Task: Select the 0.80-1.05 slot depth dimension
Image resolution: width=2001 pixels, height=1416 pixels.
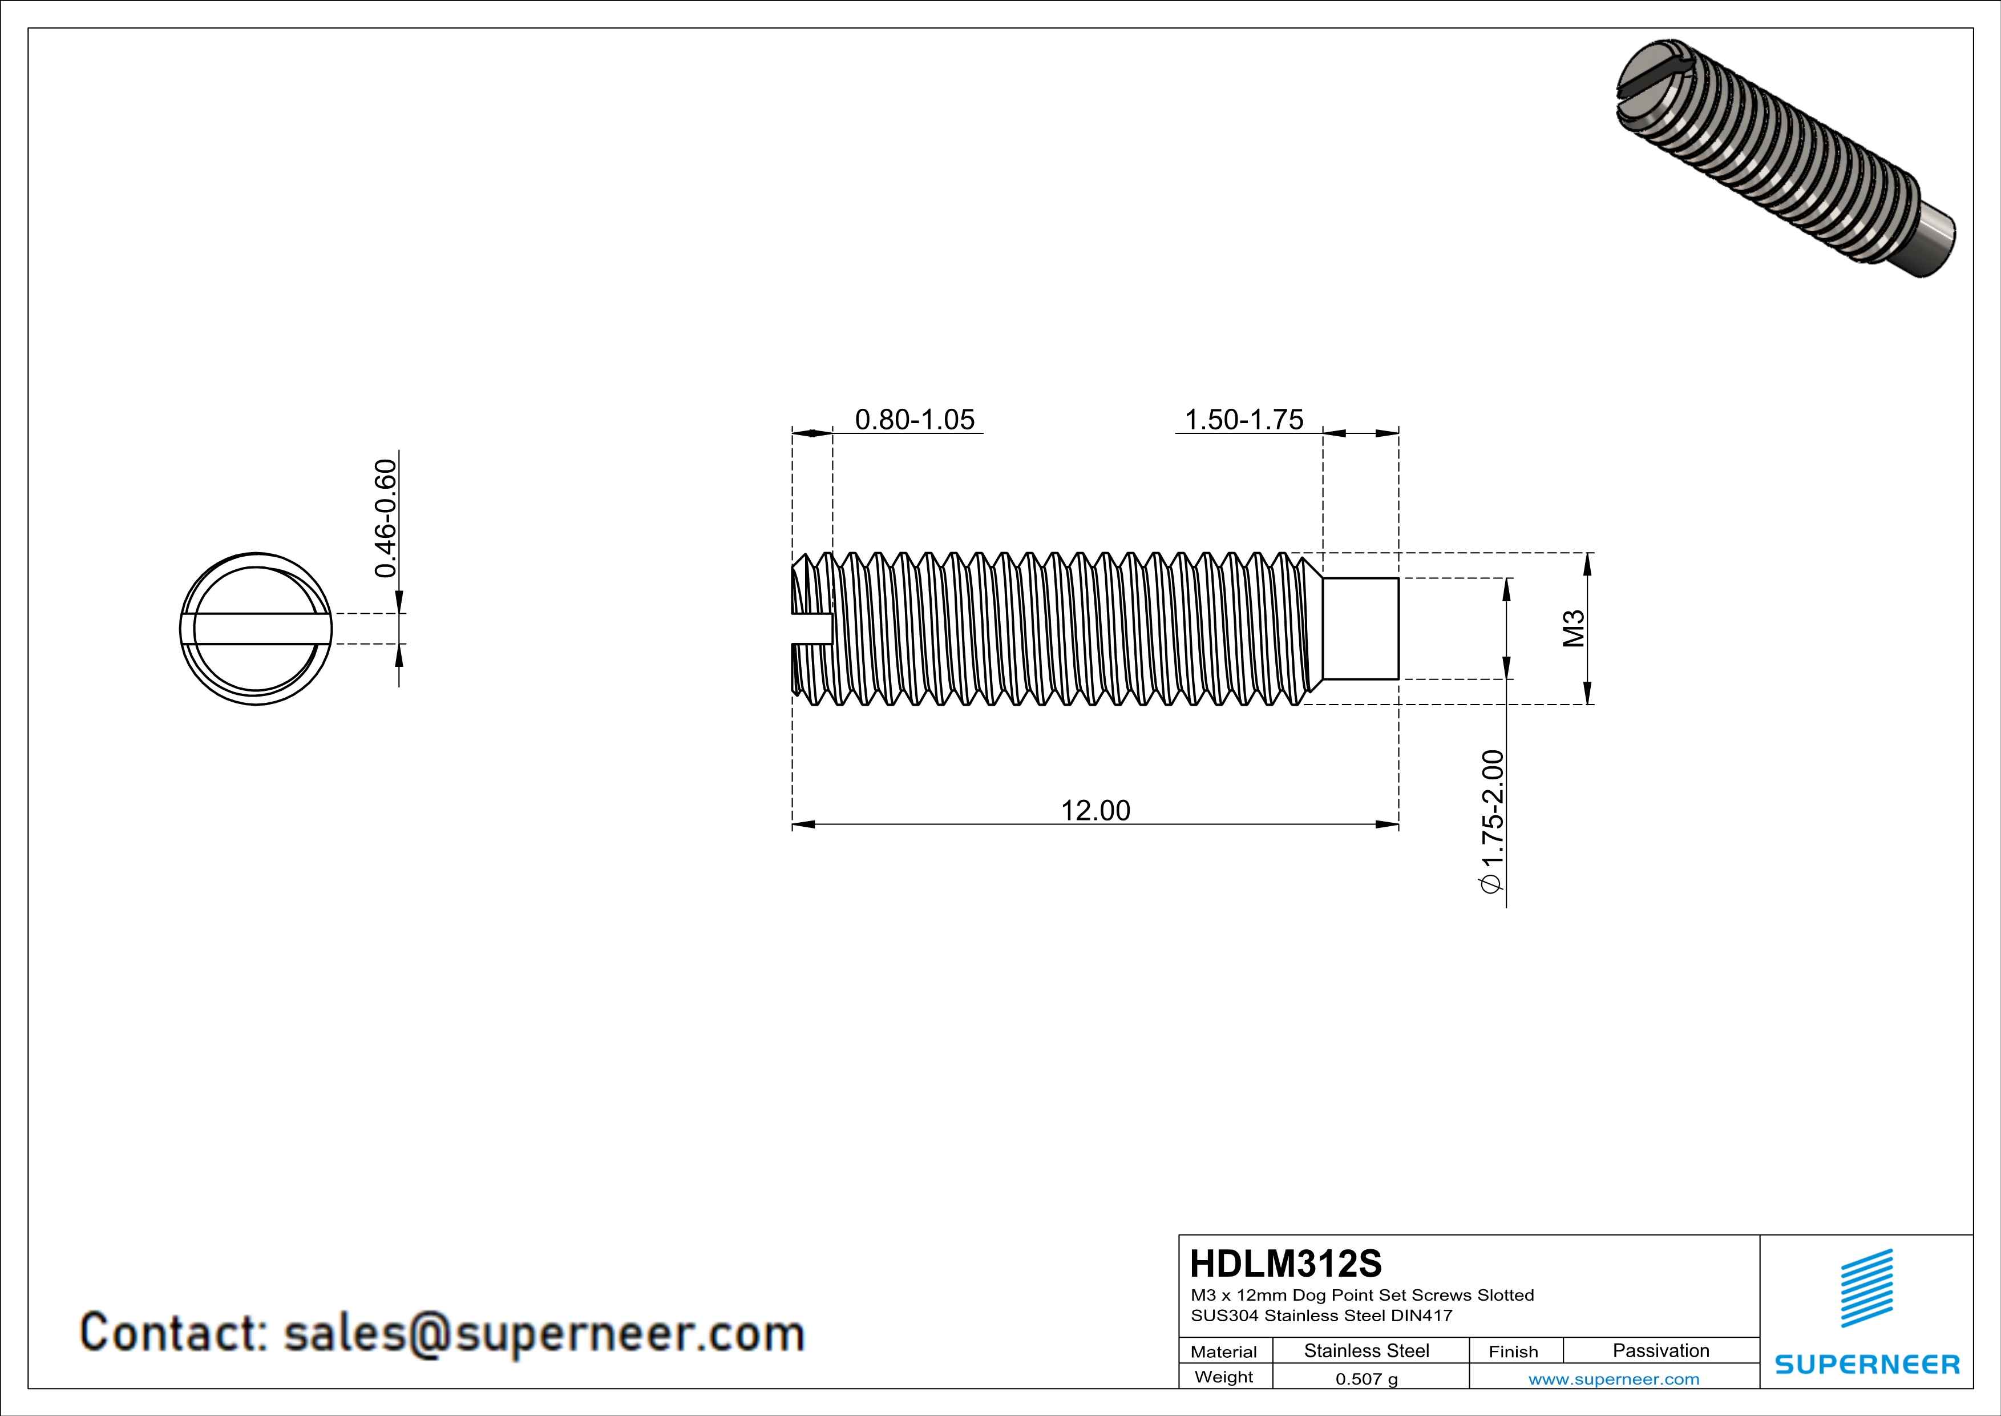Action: tap(914, 420)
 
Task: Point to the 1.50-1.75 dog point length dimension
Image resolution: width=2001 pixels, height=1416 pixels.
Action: tap(1244, 420)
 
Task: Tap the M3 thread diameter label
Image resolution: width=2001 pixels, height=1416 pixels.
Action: tap(1573, 629)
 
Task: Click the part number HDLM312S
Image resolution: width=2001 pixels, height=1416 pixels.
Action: tap(1286, 1264)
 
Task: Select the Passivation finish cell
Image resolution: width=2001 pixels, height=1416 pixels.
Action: tap(1660, 1350)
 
